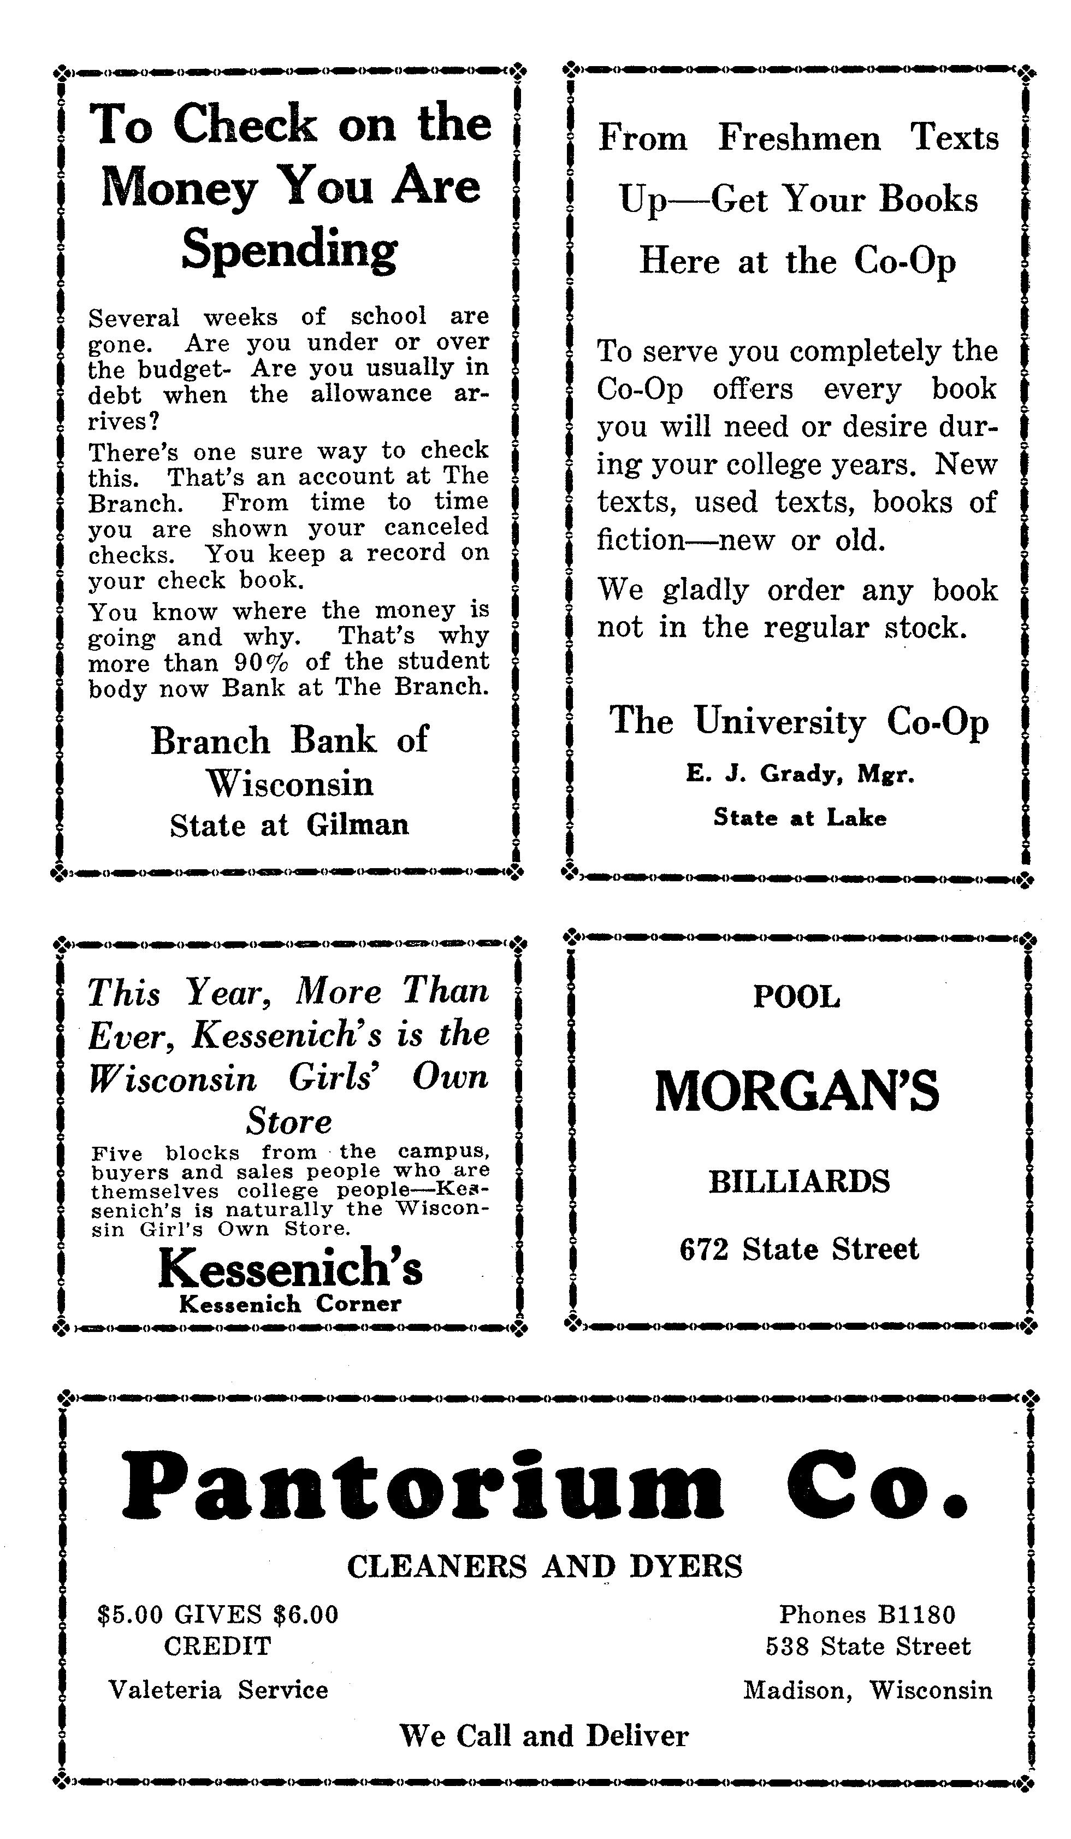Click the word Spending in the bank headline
[289, 250]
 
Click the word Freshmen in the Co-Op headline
[799, 138]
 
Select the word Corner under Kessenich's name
[358, 1304]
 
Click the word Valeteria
[165, 1689]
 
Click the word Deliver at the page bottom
[636, 1735]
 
